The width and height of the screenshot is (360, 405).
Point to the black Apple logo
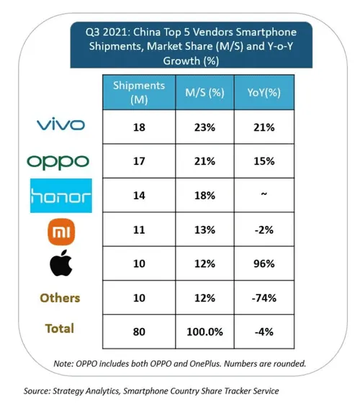60,265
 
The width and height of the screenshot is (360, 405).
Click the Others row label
60,298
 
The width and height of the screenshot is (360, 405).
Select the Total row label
60,329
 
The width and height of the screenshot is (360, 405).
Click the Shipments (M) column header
139,93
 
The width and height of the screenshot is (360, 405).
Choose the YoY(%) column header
265,93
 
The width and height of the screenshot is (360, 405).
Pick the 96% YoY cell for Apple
265,264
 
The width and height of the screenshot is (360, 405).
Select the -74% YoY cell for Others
265,298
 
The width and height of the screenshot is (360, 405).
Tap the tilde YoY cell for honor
265,196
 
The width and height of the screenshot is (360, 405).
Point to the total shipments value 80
139,332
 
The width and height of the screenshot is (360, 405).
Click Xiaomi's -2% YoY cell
265,231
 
